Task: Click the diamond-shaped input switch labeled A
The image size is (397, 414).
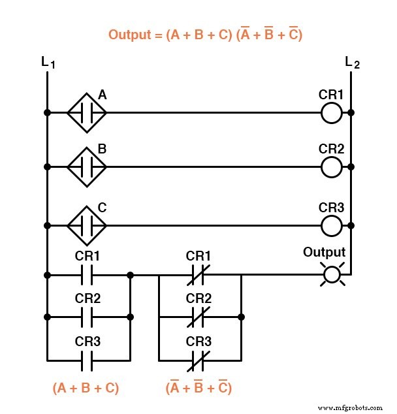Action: click(x=87, y=113)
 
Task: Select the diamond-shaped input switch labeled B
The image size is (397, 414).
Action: click(x=87, y=167)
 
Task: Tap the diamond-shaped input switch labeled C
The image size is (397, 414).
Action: click(x=87, y=226)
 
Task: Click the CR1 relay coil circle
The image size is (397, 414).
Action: click(x=332, y=113)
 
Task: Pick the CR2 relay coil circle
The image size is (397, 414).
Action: click(x=332, y=167)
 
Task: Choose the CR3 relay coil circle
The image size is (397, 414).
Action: click(x=332, y=226)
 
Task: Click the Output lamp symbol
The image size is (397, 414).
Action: click(x=332, y=275)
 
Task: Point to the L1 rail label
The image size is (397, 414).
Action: click(x=47, y=63)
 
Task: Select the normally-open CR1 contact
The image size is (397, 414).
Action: click(x=87, y=275)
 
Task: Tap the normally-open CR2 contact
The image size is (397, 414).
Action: click(x=87, y=317)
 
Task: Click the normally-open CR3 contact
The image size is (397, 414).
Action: click(x=87, y=359)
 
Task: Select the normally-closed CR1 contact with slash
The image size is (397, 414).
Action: click(x=198, y=275)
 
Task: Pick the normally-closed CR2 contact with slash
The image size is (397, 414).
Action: click(x=198, y=317)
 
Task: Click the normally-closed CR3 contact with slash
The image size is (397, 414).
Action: click(x=198, y=359)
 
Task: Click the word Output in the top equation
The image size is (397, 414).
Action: click(x=128, y=35)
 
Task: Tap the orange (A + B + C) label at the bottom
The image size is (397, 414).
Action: click(x=86, y=388)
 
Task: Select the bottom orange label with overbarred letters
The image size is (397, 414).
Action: click(x=198, y=388)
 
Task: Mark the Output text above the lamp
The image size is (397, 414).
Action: click(x=325, y=253)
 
